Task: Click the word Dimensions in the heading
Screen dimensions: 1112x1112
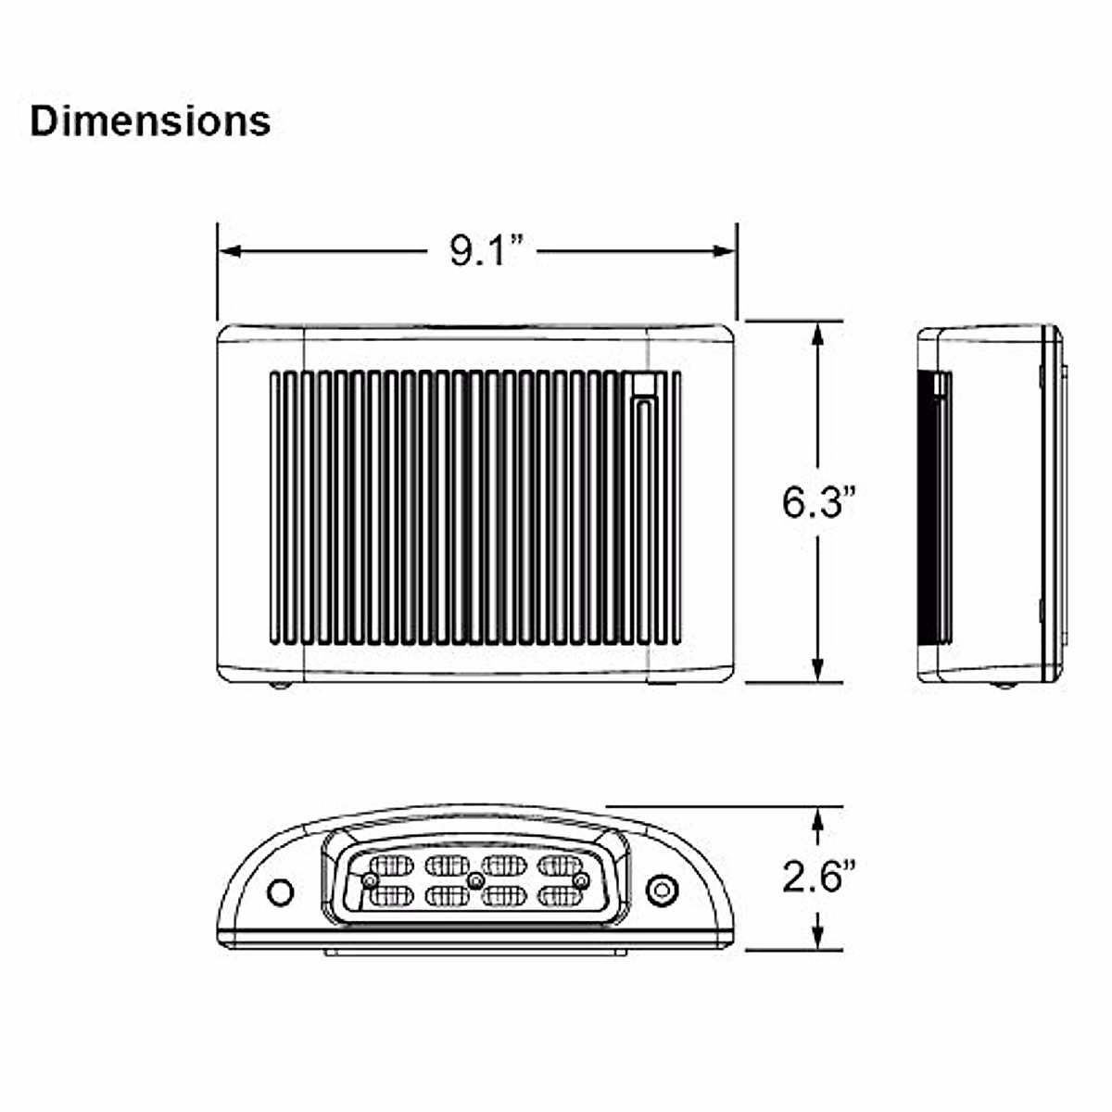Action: (x=150, y=121)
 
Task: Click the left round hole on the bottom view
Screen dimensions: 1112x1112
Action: (x=279, y=891)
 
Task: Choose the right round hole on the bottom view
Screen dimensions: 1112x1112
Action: (x=661, y=890)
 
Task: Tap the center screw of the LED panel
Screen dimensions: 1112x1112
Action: (x=475, y=879)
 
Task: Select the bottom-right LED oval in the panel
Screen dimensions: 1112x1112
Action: (x=560, y=896)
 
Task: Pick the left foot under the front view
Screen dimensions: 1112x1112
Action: (x=279, y=685)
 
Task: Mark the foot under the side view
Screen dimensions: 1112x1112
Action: (x=1001, y=685)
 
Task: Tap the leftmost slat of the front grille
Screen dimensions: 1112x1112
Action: (x=276, y=508)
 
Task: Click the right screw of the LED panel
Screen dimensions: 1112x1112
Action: (x=581, y=879)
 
